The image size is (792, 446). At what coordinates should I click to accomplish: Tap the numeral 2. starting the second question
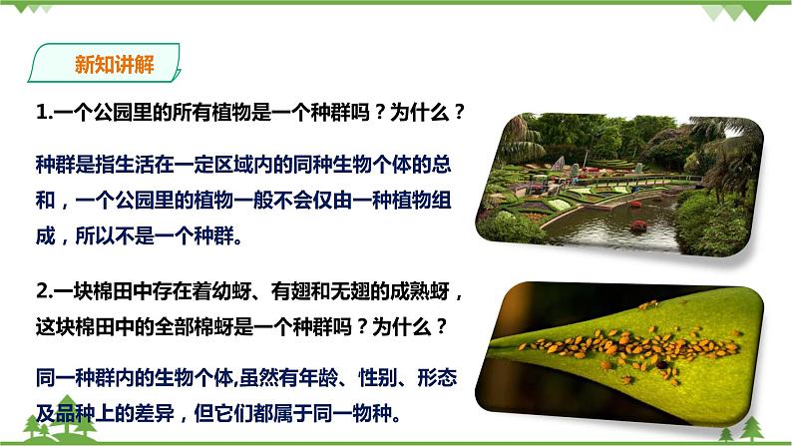tap(44, 293)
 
